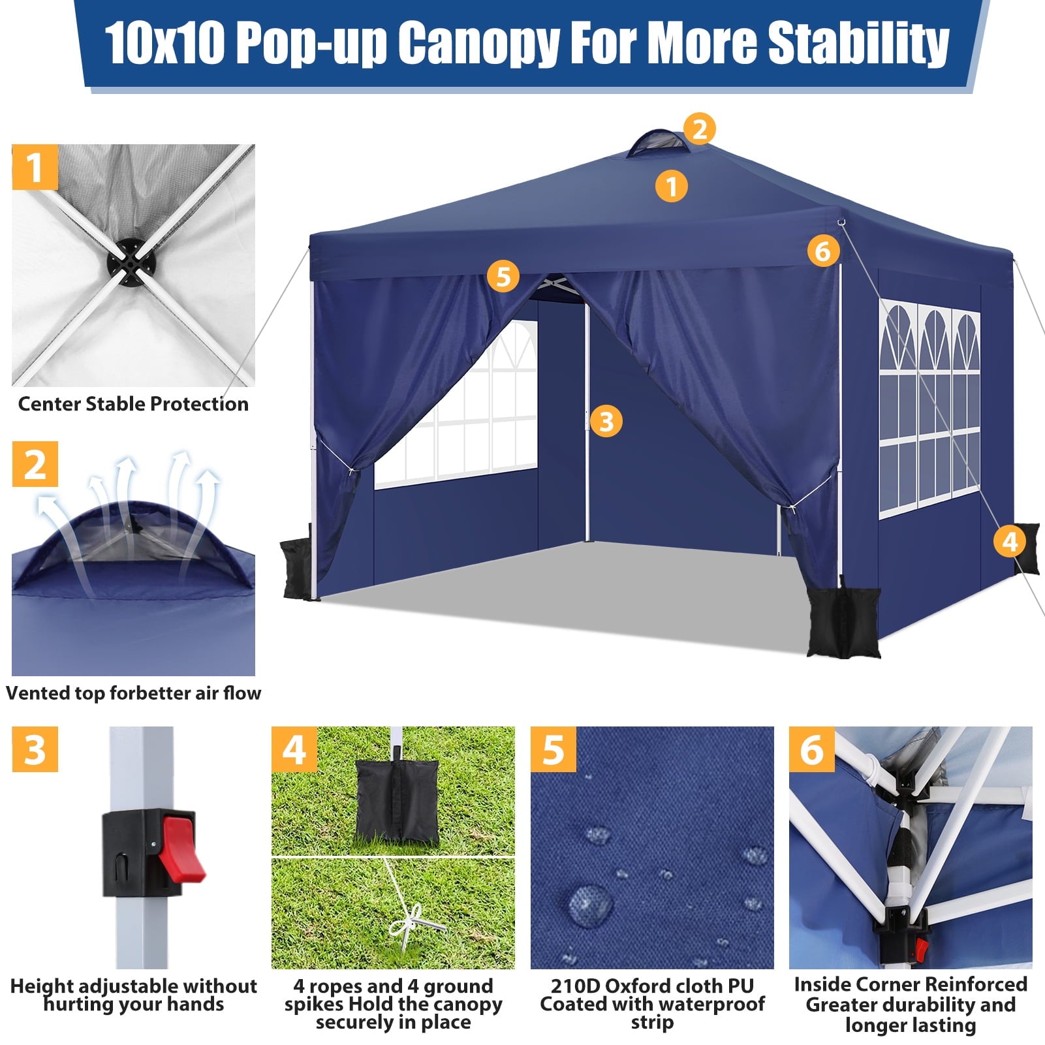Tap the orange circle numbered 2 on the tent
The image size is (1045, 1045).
pos(700,129)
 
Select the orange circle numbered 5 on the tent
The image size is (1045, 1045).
pos(503,276)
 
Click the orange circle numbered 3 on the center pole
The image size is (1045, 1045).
pos(606,421)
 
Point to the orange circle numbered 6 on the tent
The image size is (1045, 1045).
pos(822,251)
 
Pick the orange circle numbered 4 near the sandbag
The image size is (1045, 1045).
pos(1009,541)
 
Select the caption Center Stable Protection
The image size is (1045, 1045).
pos(133,404)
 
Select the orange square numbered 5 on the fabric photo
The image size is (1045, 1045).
pos(553,749)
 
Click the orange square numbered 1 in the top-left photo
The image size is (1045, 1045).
pos(35,167)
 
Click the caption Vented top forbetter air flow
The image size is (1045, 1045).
pos(133,693)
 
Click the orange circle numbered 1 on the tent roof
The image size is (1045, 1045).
pos(671,187)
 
